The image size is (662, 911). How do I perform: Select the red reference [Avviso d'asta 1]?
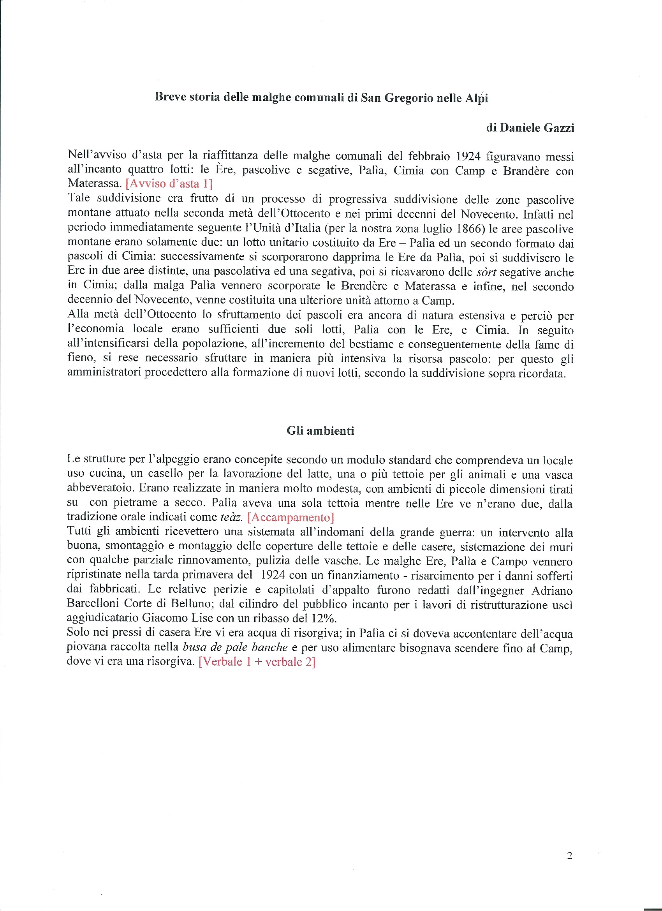pos(169,183)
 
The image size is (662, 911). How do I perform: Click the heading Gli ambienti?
pos(320,431)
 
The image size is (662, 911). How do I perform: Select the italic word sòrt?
pos(486,272)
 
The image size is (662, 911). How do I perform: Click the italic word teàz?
pos(232,517)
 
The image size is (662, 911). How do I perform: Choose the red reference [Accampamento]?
pos(291,517)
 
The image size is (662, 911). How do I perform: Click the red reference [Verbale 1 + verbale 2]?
pos(257,662)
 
